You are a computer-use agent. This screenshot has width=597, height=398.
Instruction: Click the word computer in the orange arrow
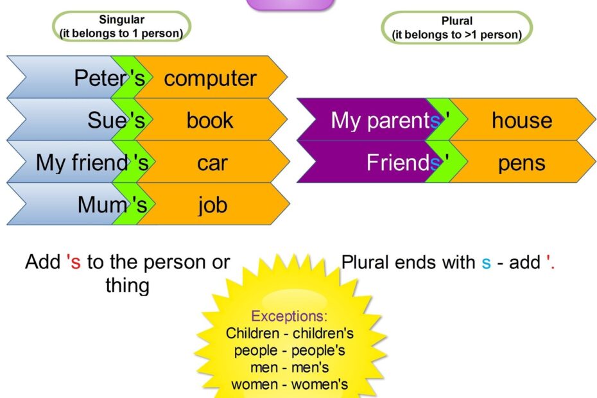click(x=210, y=79)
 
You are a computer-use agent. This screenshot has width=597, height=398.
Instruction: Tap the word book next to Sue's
click(x=210, y=120)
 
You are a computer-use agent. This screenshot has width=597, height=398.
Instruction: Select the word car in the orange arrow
click(x=212, y=164)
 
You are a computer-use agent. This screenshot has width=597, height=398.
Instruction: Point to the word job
click(x=212, y=205)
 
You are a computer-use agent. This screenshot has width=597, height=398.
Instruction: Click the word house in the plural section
click(x=522, y=120)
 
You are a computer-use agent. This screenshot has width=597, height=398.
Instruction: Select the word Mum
click(x=102, y=205)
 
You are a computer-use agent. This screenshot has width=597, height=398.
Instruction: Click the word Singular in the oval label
click(x=122, y=19)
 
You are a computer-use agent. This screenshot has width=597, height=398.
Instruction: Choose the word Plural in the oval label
click(x=457, y=21)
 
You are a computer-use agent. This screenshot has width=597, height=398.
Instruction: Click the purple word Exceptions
click(x=290, y=316)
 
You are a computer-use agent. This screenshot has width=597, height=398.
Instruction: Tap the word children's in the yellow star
click(x=323, y=333)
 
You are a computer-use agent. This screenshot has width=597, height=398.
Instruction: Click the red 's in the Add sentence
click(x=73, y=262)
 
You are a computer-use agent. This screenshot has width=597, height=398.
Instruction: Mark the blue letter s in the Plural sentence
click(x=486, y=263)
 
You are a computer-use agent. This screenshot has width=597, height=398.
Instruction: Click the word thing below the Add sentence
click(x=128, y=286)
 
